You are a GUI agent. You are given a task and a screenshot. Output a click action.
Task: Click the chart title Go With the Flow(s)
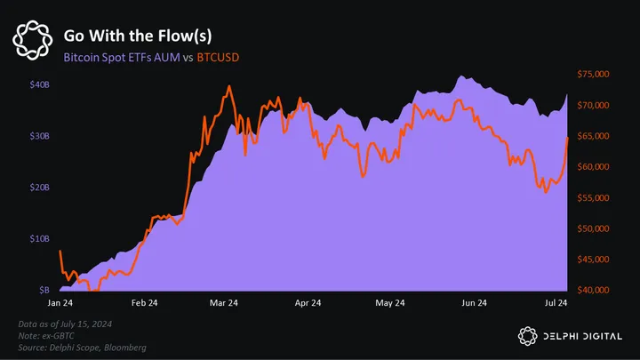138,36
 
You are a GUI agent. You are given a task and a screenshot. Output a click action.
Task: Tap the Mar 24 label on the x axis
223,303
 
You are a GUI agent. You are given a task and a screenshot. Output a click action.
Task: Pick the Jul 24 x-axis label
556,303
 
